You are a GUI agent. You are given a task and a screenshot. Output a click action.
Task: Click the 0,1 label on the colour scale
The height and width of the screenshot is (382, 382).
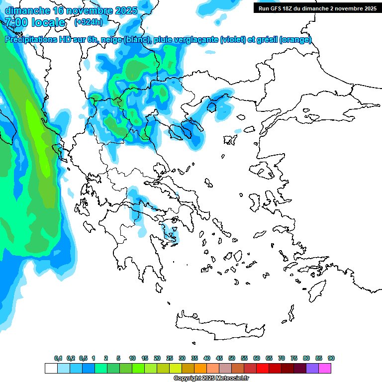point(58,358)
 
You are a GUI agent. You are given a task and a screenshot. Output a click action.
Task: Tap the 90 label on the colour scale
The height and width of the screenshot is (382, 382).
point(331,358)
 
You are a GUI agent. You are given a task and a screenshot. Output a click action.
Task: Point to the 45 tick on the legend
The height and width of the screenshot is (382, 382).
point(219,358)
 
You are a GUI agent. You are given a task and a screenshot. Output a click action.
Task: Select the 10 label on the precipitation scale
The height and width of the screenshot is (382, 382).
point(132,358)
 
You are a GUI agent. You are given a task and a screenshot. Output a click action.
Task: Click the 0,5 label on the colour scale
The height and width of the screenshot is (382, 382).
point(83,358)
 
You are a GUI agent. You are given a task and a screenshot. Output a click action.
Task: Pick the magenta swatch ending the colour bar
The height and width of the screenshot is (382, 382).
point(325,368)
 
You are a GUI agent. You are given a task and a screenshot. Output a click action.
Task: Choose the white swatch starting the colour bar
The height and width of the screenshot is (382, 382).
point(51,368)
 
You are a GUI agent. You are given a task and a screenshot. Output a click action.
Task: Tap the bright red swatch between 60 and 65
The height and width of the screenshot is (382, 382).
point(263,368)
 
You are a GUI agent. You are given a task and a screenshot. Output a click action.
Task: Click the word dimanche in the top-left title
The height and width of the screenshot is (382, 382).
point(25,10)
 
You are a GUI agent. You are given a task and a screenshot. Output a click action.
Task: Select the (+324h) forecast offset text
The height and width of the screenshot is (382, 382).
point(88,22)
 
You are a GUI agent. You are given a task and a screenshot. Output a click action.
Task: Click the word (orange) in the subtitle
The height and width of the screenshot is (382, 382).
point(296,40)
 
